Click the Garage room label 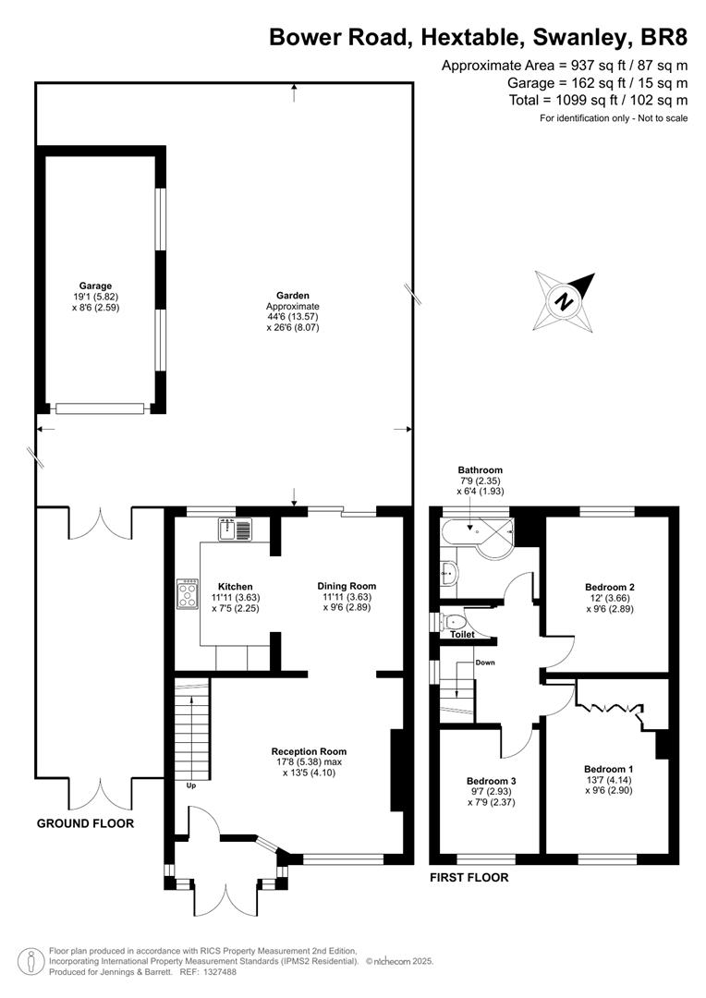pyautogui.click(x=95, y=286)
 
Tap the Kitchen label pyautogui.click(x=236, y=587)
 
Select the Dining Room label pyautogui.click(x=347, y=586)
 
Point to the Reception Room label pyautogui.click(x=309, y=751)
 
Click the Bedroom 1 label pyautogui.click(x=609, y=769)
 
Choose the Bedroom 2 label pyautogui.click(x=610, y=587)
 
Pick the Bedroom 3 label pyautogui.click(x=491, y=781)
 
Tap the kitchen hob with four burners pyautogui.click(x=188, y=594)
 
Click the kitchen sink pyautogui.click(x=236, y=529)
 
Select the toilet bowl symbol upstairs pyautogui.click(x=454, y=621)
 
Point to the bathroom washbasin pyautogui.click(x=448, y=573)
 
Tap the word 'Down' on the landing pyautogui.click(x=485, y=663)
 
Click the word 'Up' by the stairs pyautogui.click(x=191, y=785)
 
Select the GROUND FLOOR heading pyautogui.click(x=85, y=823)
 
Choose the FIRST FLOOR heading pyautogui.click(x=469, y=878)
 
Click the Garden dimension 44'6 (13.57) pyautogui.click(x=293, y=317)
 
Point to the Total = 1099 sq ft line pyautogui.click(x=599, y=100)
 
